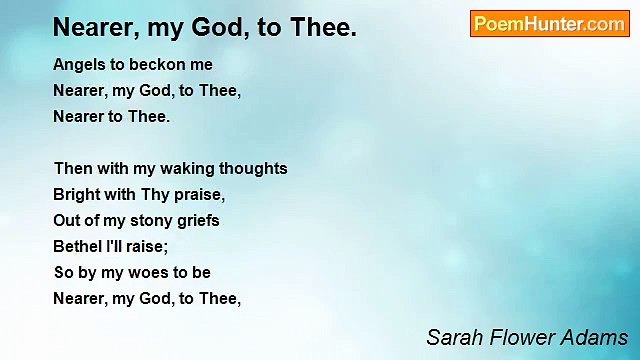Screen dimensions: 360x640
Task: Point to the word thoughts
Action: tap(252, 169)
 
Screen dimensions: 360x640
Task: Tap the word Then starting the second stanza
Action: tap(74, 169)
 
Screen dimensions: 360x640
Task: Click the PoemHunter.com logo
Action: tap(549, 24)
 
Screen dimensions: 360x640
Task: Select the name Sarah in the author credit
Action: tap(451, 337)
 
